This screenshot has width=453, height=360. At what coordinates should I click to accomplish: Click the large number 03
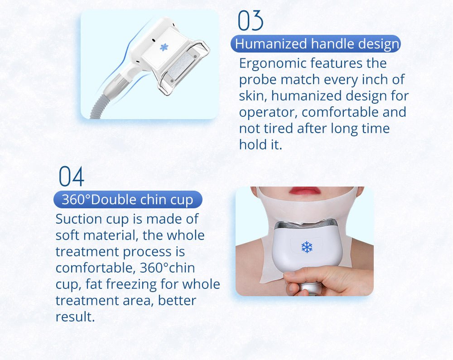pos(251,20)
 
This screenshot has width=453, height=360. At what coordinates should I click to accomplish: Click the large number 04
pos(72,176)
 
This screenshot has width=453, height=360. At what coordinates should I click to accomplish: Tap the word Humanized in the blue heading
pos(271,44)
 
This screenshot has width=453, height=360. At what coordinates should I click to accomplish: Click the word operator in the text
pos(268,112)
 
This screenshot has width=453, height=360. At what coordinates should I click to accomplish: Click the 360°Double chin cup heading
pos(127,200)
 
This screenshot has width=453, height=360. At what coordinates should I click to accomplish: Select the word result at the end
pos(75,317)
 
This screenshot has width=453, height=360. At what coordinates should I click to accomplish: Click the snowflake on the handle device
pos(164,47)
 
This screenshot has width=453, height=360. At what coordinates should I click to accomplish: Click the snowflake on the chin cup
pos(307,247)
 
